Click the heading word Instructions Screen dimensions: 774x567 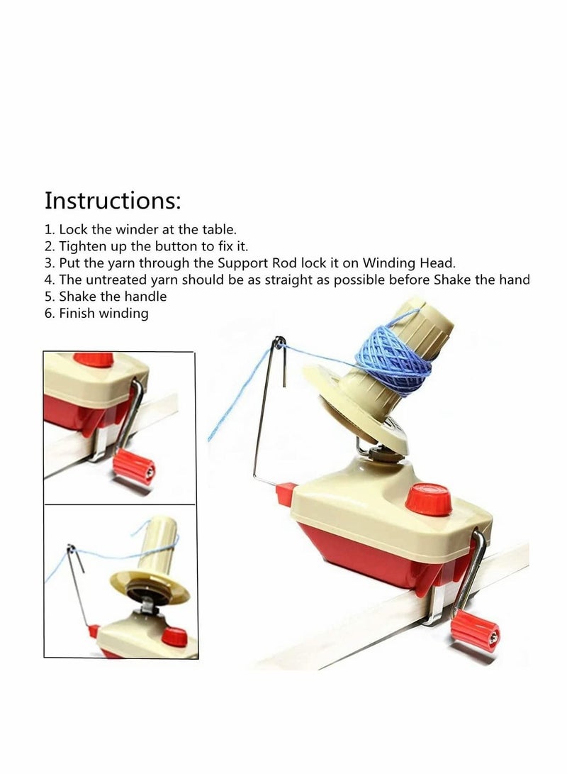tap(113, 200)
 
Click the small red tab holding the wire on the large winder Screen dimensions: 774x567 tap(285, 491)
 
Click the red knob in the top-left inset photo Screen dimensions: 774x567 tap(94, 360)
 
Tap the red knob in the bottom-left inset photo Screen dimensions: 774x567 tap(172, 635)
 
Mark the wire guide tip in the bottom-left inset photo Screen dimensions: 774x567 tap(71, 548)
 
